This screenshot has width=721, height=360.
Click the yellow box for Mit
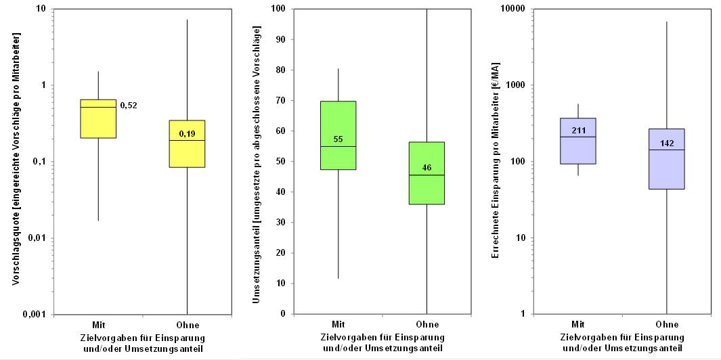(x=98, y=118)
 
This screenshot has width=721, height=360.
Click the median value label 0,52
(x=129, y=106)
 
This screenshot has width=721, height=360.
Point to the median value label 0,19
(x=187, y=135)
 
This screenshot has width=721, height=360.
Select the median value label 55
(x=338, y=140)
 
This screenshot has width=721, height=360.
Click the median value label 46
(x=427, y=167)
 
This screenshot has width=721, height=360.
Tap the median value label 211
(x=578, y=131)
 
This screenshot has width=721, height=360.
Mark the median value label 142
(x=667, y=143)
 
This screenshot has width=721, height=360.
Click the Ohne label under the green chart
(x=427, y=325)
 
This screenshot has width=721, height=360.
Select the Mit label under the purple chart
(x=578, y=325)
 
